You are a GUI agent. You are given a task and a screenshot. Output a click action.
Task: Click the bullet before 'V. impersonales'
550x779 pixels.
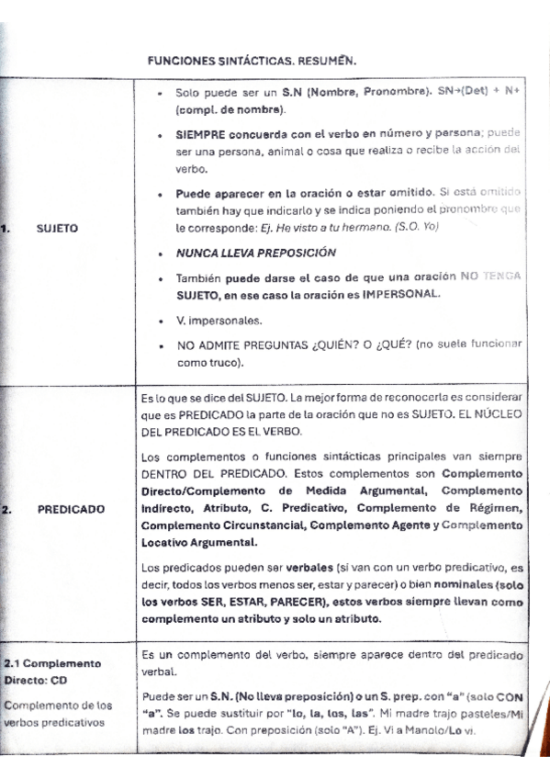pos(160,322)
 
